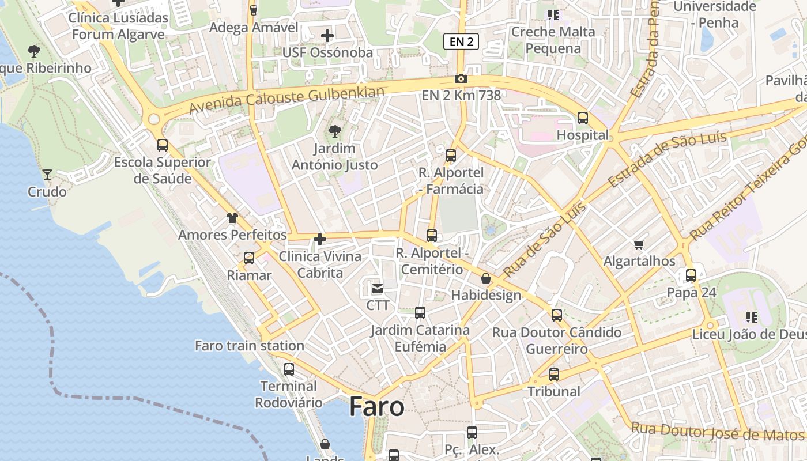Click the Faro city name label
click(x=377, y=407)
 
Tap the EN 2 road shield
click(x=461, y=41)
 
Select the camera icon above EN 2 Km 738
click(x=461, y=79)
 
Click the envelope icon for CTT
click(x=378, y=288)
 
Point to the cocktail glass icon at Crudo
click(x=47, y=174)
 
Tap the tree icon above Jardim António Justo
click(x=334, y=132)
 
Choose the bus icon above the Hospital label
click(x=583, y=118)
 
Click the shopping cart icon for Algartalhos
click(x=639, y=245)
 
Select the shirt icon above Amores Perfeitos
click(x=232, y=218)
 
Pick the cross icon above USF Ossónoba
click(x=327, y=36)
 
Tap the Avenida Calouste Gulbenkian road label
click(x=286, y=100)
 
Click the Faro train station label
click(x=250, y=346)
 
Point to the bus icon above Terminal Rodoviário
click(x=289, y=369)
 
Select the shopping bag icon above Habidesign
click(x=486, y=279)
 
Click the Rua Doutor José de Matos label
click(x=717, y=432)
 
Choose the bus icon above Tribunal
click(x=554, y=375)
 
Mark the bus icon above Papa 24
click(x=691, y=275)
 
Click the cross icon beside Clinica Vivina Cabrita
click(x=320, y=239)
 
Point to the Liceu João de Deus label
click(x=749, y=334)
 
